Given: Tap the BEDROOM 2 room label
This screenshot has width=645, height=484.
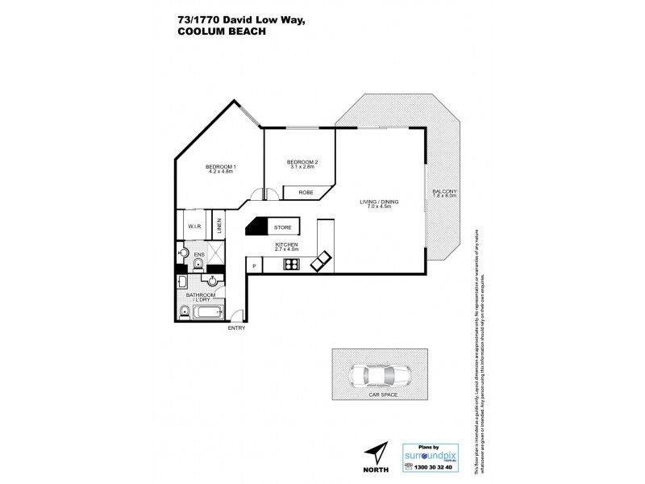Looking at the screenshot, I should (x=302, y=162).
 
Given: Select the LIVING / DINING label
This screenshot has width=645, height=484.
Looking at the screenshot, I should (x=379, y=202).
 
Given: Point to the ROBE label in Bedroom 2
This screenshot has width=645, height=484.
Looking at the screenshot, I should (x=306, y=193).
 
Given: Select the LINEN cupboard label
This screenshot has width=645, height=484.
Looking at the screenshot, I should (x=218, y=227).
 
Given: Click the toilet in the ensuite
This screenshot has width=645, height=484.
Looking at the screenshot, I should (x=182, y=253).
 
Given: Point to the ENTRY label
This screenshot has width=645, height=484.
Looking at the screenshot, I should (x=236, y=328).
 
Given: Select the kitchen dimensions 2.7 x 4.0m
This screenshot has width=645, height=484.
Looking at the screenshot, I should (x=286, y=249).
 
